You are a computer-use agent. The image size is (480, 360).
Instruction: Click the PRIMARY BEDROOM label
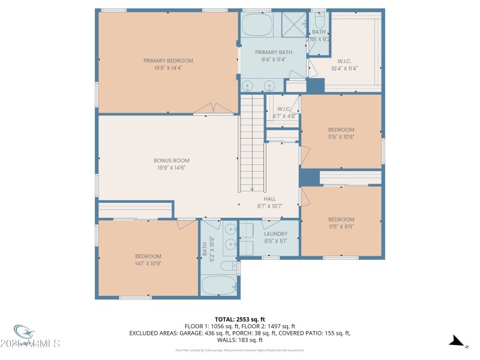[x=168, y=61]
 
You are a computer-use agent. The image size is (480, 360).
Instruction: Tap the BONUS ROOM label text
[x=172, y=160]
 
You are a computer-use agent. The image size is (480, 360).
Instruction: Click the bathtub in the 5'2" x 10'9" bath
[x=219, y=285]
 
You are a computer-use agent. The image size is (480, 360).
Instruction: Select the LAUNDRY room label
[x=275, y=234]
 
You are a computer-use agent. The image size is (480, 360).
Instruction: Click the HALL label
[x=270, y=199]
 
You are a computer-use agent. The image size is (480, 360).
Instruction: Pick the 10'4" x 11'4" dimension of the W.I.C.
[x=344, y=68]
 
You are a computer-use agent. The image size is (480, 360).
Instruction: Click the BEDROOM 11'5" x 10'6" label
[x=341, y=133]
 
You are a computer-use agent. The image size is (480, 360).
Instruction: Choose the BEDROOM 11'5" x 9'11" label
[x=341, y=223]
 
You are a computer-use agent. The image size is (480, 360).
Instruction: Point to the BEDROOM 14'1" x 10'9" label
[x=148, y=259]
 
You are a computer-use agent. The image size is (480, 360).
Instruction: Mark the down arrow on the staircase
[x=252, y=187]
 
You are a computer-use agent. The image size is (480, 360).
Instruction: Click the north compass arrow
[x=457, y=341]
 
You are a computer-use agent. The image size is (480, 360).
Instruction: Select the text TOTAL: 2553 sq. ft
[x=239, y=319]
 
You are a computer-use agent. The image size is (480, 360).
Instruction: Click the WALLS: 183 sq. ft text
[x=239, y=340]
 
